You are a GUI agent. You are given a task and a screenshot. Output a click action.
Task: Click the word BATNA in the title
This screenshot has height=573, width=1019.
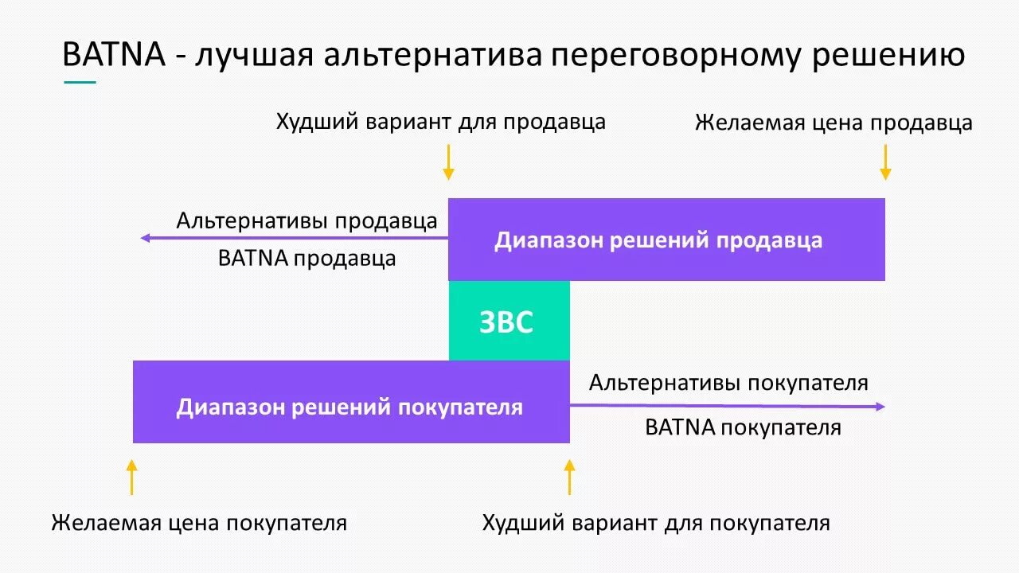[x=113, y=56]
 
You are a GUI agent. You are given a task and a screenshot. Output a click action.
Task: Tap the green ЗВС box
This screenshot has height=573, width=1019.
[x=509, y=322]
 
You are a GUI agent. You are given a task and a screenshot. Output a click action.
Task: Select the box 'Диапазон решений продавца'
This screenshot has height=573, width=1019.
[x=666, y=240]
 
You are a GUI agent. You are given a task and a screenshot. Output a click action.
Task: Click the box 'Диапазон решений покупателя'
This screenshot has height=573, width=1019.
[x=350, y=402]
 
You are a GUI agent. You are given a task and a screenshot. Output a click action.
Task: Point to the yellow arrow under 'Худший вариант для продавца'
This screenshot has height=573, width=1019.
[x=448, y=162]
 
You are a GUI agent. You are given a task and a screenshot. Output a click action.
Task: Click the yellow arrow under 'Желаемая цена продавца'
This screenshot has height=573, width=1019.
[x=884, y=162]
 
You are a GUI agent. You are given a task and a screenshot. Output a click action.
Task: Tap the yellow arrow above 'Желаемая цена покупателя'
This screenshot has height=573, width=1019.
[x=132, y=477]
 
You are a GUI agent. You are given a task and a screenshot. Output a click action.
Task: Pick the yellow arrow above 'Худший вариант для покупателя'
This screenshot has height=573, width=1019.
[x=568, y=477]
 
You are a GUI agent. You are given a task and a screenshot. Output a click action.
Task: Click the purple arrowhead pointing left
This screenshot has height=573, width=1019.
[x=146, y=238]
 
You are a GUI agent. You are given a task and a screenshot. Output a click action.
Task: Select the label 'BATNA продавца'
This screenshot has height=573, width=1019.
[x=306, y=259]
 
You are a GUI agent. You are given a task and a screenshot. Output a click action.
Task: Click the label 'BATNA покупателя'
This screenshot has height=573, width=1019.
[x=743, y=427]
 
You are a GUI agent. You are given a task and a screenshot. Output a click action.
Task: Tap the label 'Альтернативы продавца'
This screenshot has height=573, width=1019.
[x=306, y=220]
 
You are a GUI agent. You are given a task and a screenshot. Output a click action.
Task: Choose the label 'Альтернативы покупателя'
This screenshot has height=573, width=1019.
[x=728, y=383]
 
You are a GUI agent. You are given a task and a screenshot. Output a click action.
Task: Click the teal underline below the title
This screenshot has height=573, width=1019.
[x=80, y=82]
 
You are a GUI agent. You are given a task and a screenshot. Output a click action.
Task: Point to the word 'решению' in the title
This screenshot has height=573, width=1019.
[x=889, y=56]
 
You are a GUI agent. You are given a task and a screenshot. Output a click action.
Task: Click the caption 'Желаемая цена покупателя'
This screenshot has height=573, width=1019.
[x=199, y=523]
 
